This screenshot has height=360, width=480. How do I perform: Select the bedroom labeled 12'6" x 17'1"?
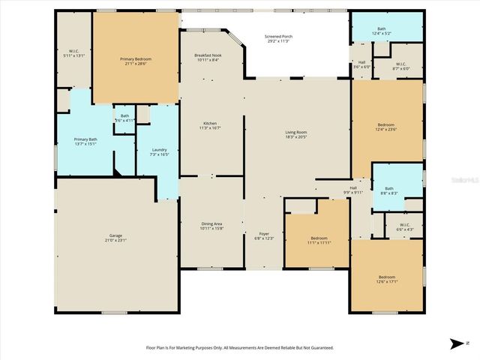pyautogui.click(x=386, y=279)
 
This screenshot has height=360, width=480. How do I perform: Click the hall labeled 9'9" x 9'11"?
pyautogui.click(x=352, y=190)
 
